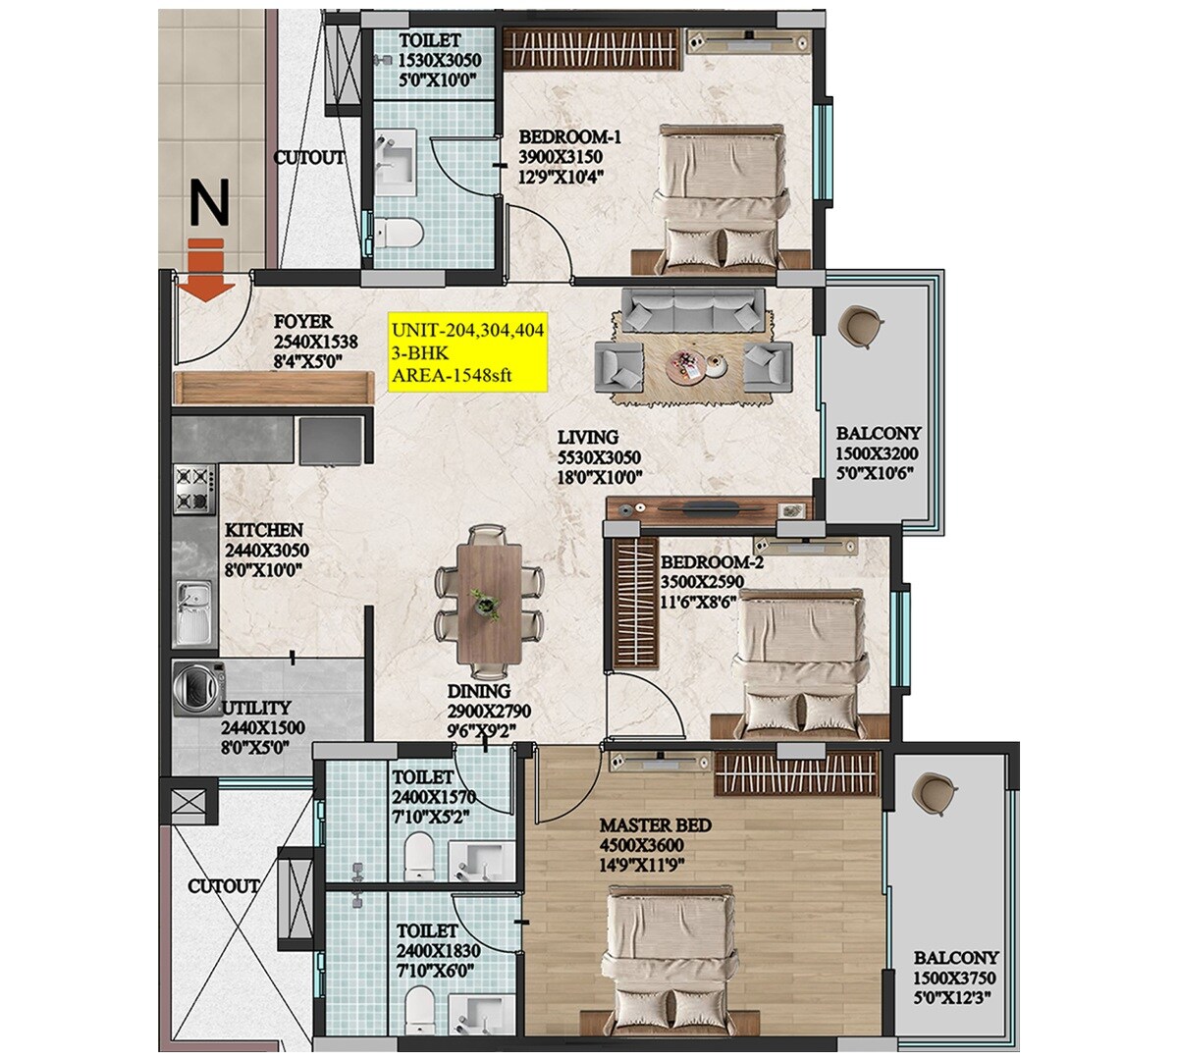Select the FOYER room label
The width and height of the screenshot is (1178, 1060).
302,322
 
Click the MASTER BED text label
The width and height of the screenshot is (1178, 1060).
655,825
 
